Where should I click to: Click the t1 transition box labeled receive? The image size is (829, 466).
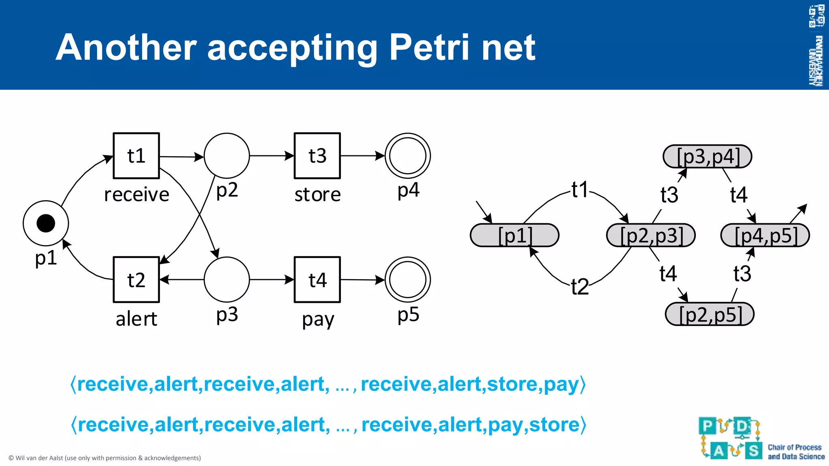point(136,156)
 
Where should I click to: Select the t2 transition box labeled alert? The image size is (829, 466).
point(136,280)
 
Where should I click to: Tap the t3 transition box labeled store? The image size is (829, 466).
point(317,156)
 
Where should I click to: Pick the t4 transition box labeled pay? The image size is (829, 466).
point(317,280)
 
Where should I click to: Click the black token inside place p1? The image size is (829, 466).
point(46,223)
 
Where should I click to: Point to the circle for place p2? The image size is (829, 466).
point(227,156)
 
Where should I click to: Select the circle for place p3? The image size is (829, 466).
point(227,280)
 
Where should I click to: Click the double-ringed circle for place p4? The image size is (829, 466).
point(408,156)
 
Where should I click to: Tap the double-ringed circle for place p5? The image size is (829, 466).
point(408,280)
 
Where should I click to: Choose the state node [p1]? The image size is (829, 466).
point(514,235)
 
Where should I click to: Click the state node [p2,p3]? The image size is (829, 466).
point(651,235)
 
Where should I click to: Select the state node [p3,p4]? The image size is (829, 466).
point(708,157)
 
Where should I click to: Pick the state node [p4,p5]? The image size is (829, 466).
point(765,235)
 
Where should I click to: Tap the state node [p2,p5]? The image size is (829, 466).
point(710,314)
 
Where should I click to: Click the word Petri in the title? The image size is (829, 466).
point(429,48)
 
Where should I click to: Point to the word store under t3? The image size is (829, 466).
point(317,195)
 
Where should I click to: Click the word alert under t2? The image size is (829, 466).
point(136,319)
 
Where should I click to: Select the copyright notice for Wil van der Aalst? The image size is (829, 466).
point(105,458)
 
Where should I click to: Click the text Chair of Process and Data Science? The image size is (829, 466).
point(796,452)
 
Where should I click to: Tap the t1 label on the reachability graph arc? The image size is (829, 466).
point(580,190)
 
